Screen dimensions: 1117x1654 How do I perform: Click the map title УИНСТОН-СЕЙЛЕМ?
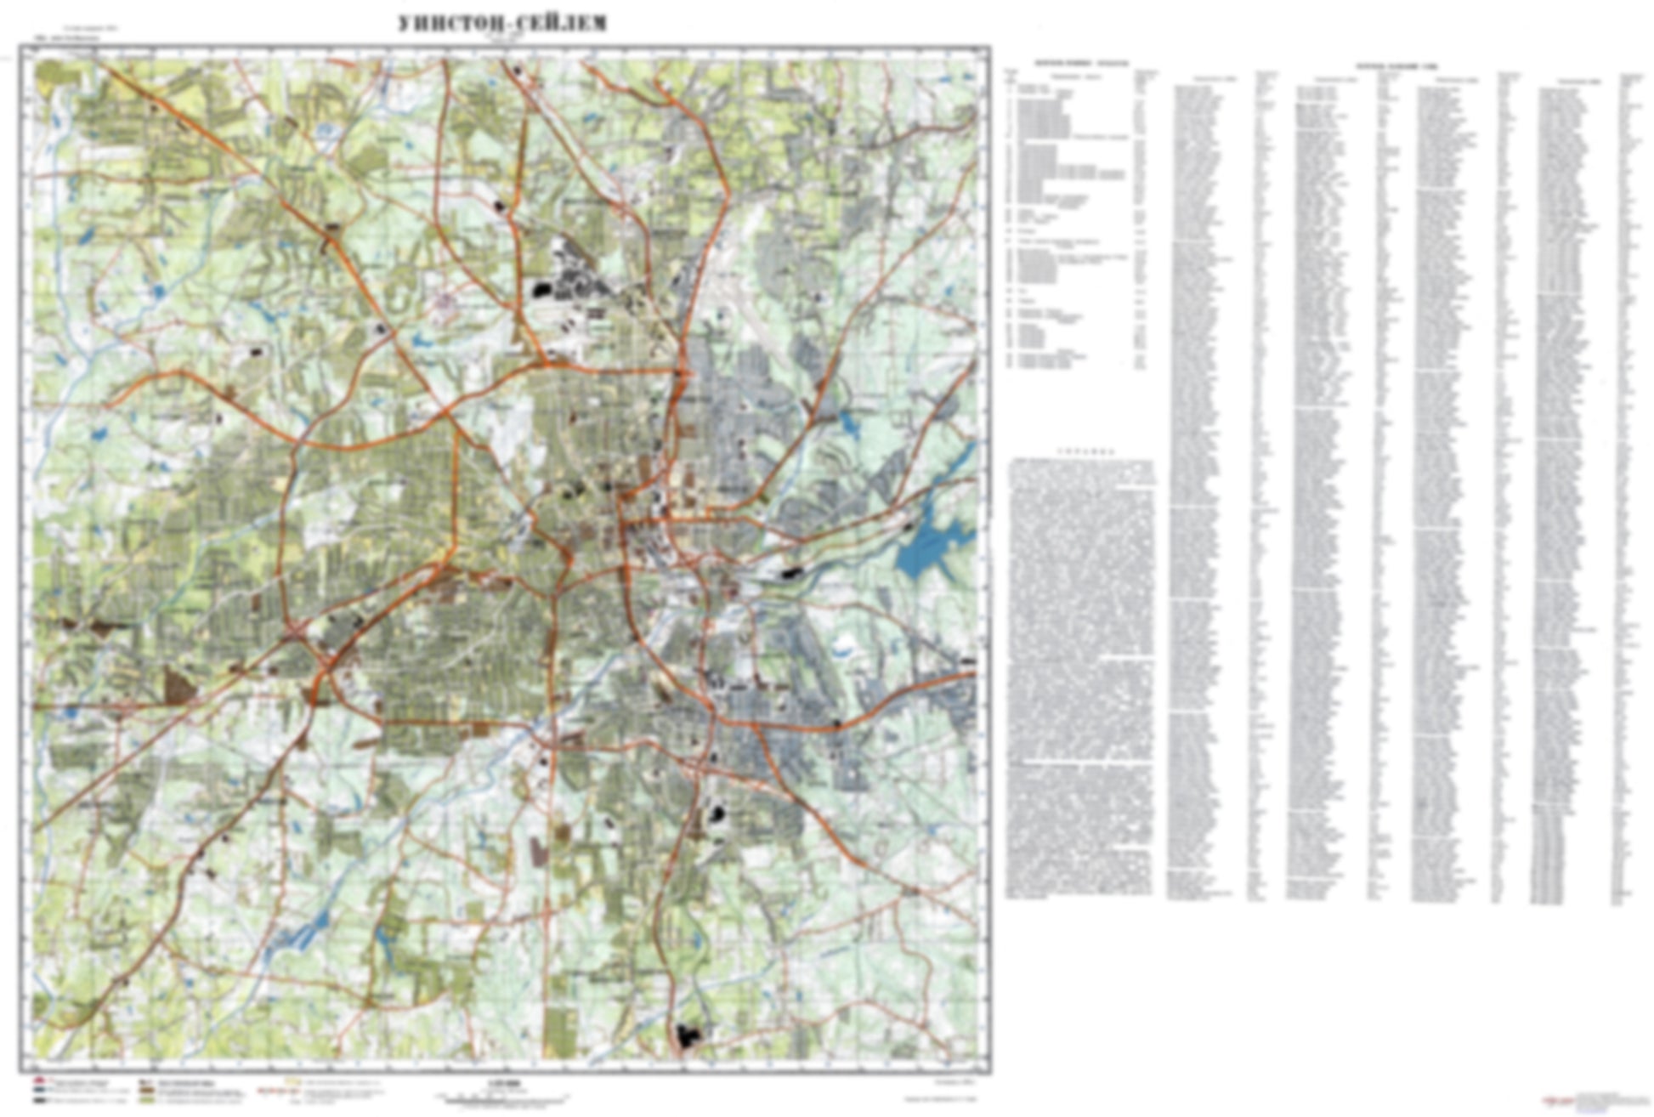coord(502,23)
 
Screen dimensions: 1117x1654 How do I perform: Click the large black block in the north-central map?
coord(541,290)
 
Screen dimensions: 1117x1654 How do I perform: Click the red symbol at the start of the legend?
coord(39,1083)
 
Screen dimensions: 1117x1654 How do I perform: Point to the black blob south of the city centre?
coord(717,814)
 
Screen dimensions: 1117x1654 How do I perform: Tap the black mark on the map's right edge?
coord(969,661)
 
